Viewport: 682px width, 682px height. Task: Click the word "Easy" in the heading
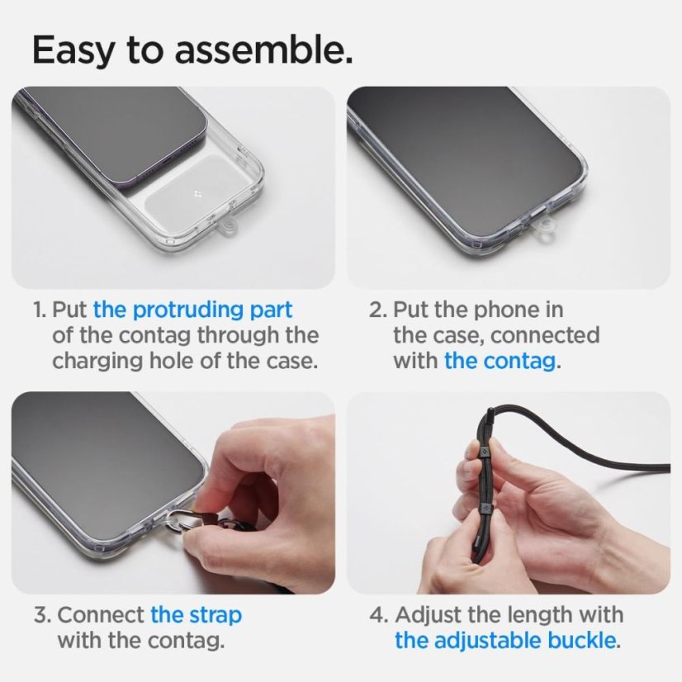coord(74,50)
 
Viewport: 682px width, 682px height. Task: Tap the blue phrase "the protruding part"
coord(192,310)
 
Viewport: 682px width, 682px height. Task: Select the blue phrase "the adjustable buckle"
coord(506,640)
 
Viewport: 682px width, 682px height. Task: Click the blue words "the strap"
coord(196,615)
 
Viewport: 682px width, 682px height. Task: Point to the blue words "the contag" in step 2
coord(499,361)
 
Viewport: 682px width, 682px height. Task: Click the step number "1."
coord(40,310)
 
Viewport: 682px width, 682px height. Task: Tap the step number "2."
coord(378,310)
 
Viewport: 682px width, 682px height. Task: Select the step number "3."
coord(42,615)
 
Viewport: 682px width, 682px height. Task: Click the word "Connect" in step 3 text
coord(102,615)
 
